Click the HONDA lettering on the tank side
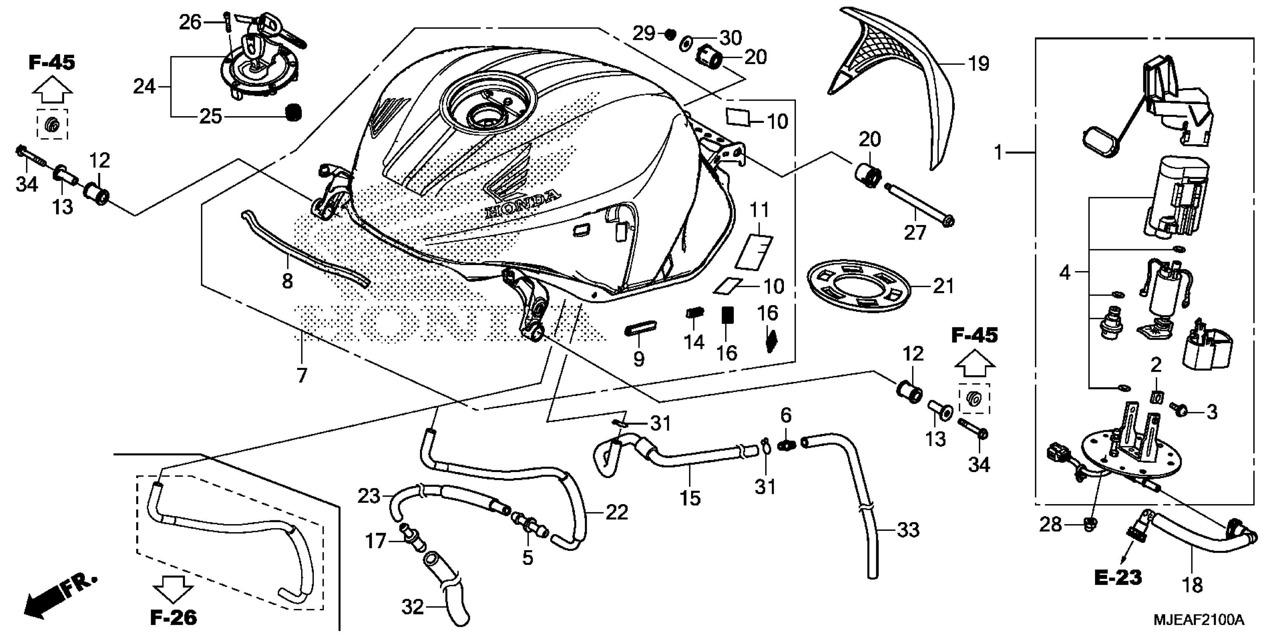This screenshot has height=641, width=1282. point(521,204)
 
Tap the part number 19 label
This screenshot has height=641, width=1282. point(978,64)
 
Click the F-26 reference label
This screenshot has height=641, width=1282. point(173,618)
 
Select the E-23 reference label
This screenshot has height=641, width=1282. point(1118,578)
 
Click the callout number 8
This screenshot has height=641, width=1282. point(287,281)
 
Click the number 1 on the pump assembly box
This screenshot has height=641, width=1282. point(998,152)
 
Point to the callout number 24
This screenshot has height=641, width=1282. point(144,87)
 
